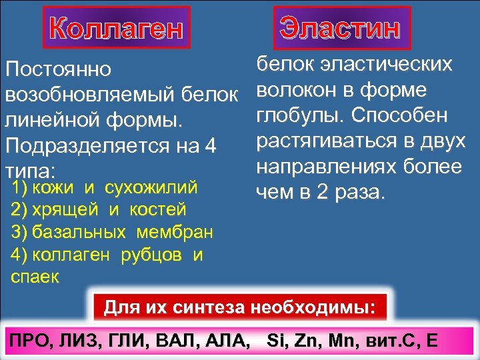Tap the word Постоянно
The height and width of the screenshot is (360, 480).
click(59, 69)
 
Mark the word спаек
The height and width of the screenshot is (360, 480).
click(35, 277)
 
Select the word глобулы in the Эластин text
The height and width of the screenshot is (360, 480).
click(301, 115)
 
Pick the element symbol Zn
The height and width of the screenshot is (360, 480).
click(305, 340)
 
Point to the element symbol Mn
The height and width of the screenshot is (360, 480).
click(342, 340)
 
